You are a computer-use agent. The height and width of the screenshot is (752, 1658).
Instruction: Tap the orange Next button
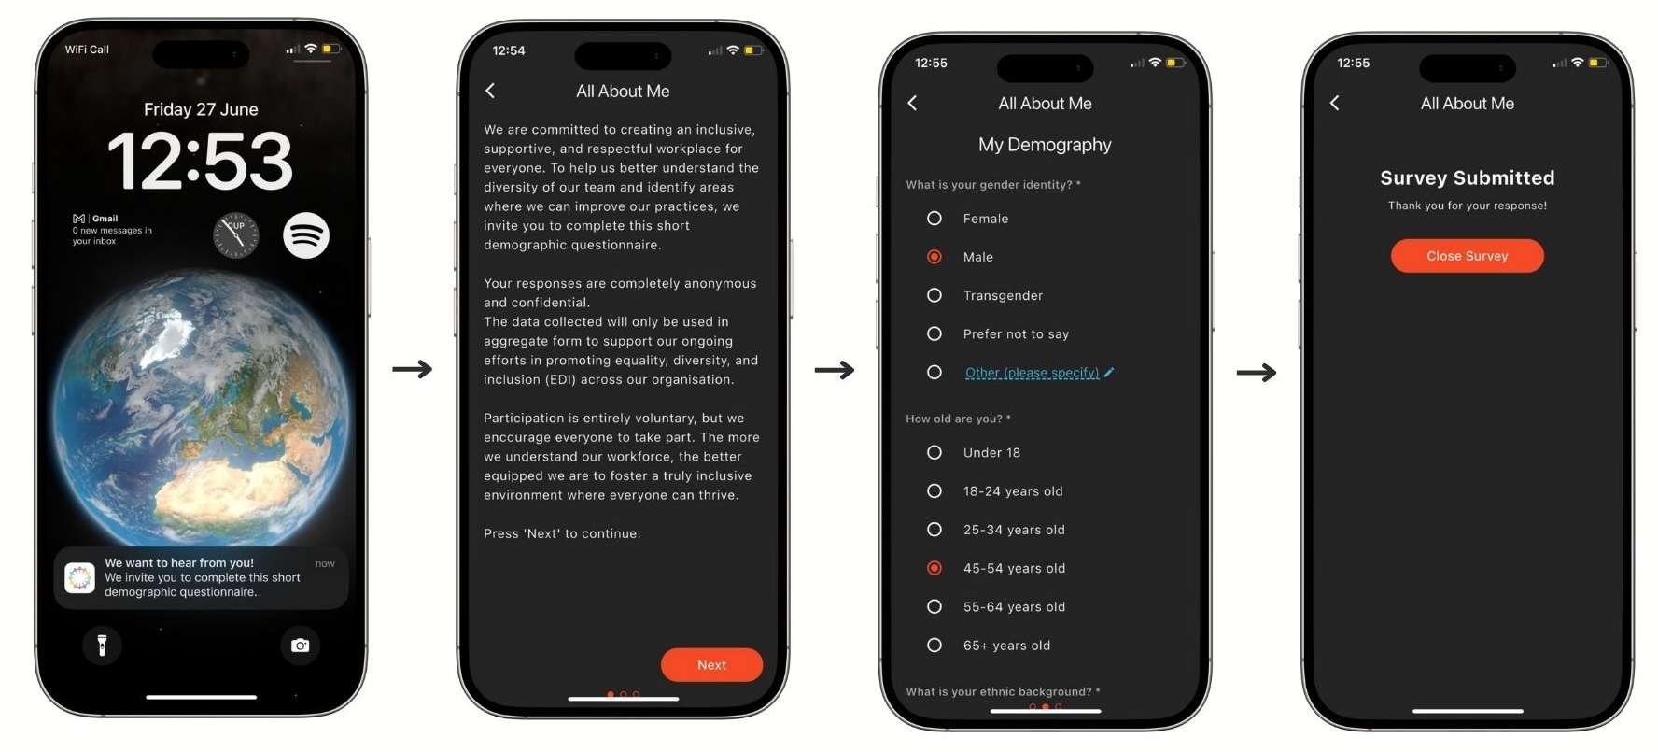coord(711,664)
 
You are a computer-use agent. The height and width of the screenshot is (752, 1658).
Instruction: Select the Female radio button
coord(934,219)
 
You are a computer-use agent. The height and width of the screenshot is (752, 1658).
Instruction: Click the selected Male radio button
coord(934,257)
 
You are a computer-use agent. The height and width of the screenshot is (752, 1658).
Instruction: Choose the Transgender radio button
coord(934,295)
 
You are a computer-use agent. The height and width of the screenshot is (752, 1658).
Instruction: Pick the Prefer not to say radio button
coord(934,333)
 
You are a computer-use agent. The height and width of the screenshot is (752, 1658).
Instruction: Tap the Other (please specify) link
coord(1032,373)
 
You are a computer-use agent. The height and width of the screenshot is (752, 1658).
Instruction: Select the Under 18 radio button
coord(934,452)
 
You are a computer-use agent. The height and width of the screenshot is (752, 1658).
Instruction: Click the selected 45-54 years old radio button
coord(934,568)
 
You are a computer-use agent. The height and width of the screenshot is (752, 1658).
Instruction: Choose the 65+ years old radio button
coord(934,645)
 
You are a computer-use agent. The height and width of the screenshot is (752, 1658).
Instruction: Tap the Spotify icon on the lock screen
coord(306,235)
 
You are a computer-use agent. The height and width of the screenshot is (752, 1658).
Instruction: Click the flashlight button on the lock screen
coord(103,645)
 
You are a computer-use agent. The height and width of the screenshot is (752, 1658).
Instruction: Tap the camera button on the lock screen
coord(300,645)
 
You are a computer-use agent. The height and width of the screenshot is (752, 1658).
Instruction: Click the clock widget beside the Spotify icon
coord(235,235)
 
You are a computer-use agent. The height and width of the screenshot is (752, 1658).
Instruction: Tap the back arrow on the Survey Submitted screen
coord(1334,103)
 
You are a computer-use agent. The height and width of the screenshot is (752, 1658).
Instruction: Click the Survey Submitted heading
coord(1467,177)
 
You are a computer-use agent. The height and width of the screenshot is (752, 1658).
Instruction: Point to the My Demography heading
coord(1045,145)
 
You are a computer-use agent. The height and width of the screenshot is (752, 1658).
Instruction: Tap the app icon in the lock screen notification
coord(80,578)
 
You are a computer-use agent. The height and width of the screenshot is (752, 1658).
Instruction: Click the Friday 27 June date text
coord(201,109)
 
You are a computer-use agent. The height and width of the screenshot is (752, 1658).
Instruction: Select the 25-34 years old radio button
coord(934,530)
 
